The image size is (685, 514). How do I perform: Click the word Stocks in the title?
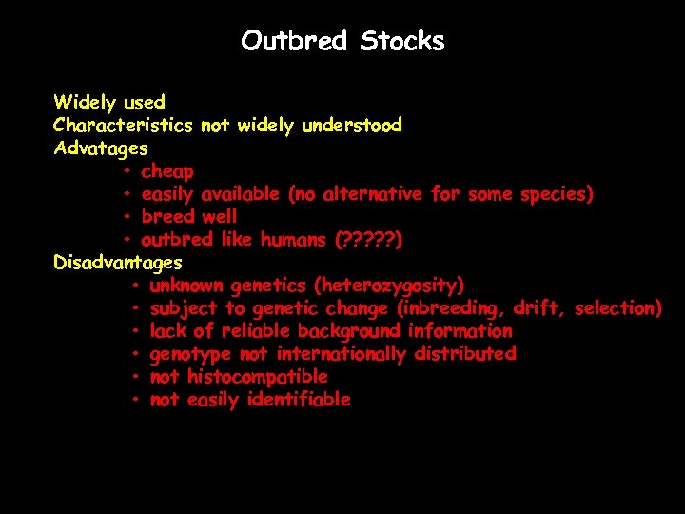(403, 41)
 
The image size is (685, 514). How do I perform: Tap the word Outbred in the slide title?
(295, 41)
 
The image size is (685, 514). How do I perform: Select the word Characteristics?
(124, 125)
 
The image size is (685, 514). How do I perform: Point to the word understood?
(352, 125)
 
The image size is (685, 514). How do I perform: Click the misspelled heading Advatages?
(101, 148)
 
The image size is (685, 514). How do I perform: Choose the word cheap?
(167, 171)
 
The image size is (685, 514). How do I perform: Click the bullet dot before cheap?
(127, 171)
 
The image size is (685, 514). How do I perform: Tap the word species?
(556, 194)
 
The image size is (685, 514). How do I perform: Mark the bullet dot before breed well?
(127, 217)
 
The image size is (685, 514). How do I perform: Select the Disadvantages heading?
(118, 262)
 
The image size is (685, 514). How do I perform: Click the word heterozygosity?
(391, 286)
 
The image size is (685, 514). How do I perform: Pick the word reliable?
(256, 331)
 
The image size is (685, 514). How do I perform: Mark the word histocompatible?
(257, 377)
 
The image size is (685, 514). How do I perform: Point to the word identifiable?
(299, 400)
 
